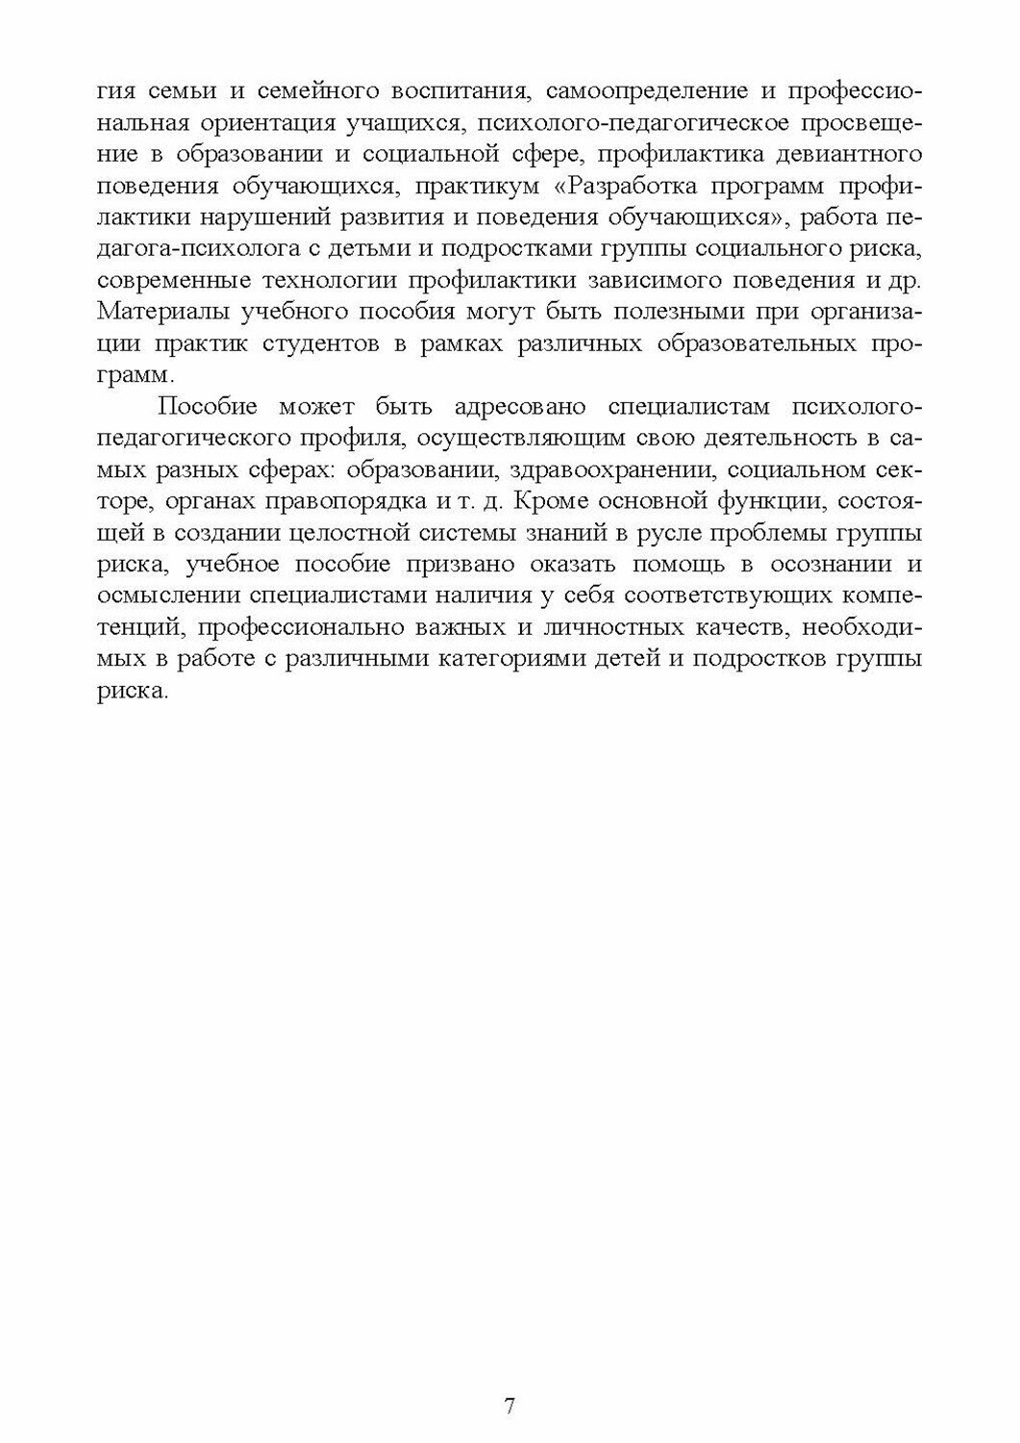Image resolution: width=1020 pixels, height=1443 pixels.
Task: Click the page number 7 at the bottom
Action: pos(510,1406)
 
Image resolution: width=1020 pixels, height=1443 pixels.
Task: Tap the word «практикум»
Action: pos(477,186)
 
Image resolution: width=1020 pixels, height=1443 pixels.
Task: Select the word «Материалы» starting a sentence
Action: pos(158,313)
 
